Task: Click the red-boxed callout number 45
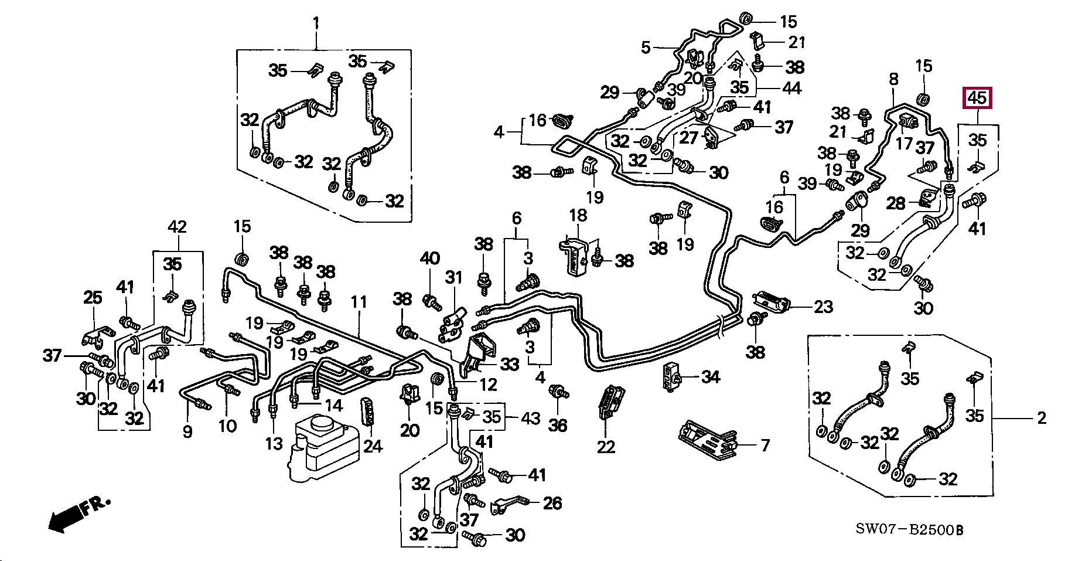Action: tap(977, 98)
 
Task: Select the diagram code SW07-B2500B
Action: tap(909, 530)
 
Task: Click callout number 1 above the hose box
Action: tap(316, 23)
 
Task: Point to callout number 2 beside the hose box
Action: tap(1041, 419)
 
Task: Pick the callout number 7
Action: tap(765, 445)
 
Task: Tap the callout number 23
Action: tap(823, 306)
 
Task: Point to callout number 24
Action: tap(373, 446)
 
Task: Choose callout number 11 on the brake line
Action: tap(359, 302)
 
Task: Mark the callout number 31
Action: tap(453, 277)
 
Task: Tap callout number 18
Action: tap(578, 215)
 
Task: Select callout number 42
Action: tap(177, 226)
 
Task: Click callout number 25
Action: tap(93, 298)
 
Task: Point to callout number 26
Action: tap(552, 503)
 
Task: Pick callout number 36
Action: tap(558, 424)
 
